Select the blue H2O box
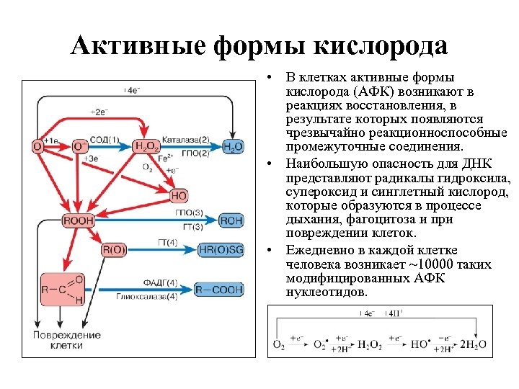(233, 147)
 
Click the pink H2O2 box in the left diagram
(146, 147)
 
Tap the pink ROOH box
(79, 220)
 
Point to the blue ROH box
(231, 220)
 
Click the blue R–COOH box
(221, 290)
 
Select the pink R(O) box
(114, 250)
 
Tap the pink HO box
(179, 195)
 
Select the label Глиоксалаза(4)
(151, 297)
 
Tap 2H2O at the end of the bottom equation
(474, 344)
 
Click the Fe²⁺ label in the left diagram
(164, 157)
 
